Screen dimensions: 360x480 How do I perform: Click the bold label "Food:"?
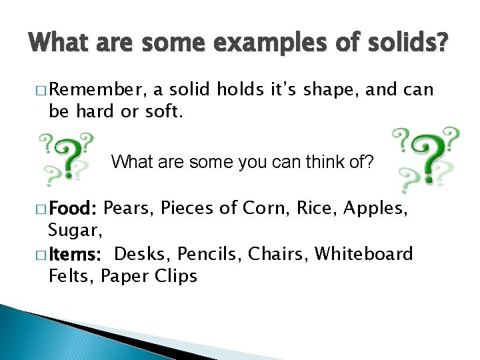[x=73, y=211]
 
